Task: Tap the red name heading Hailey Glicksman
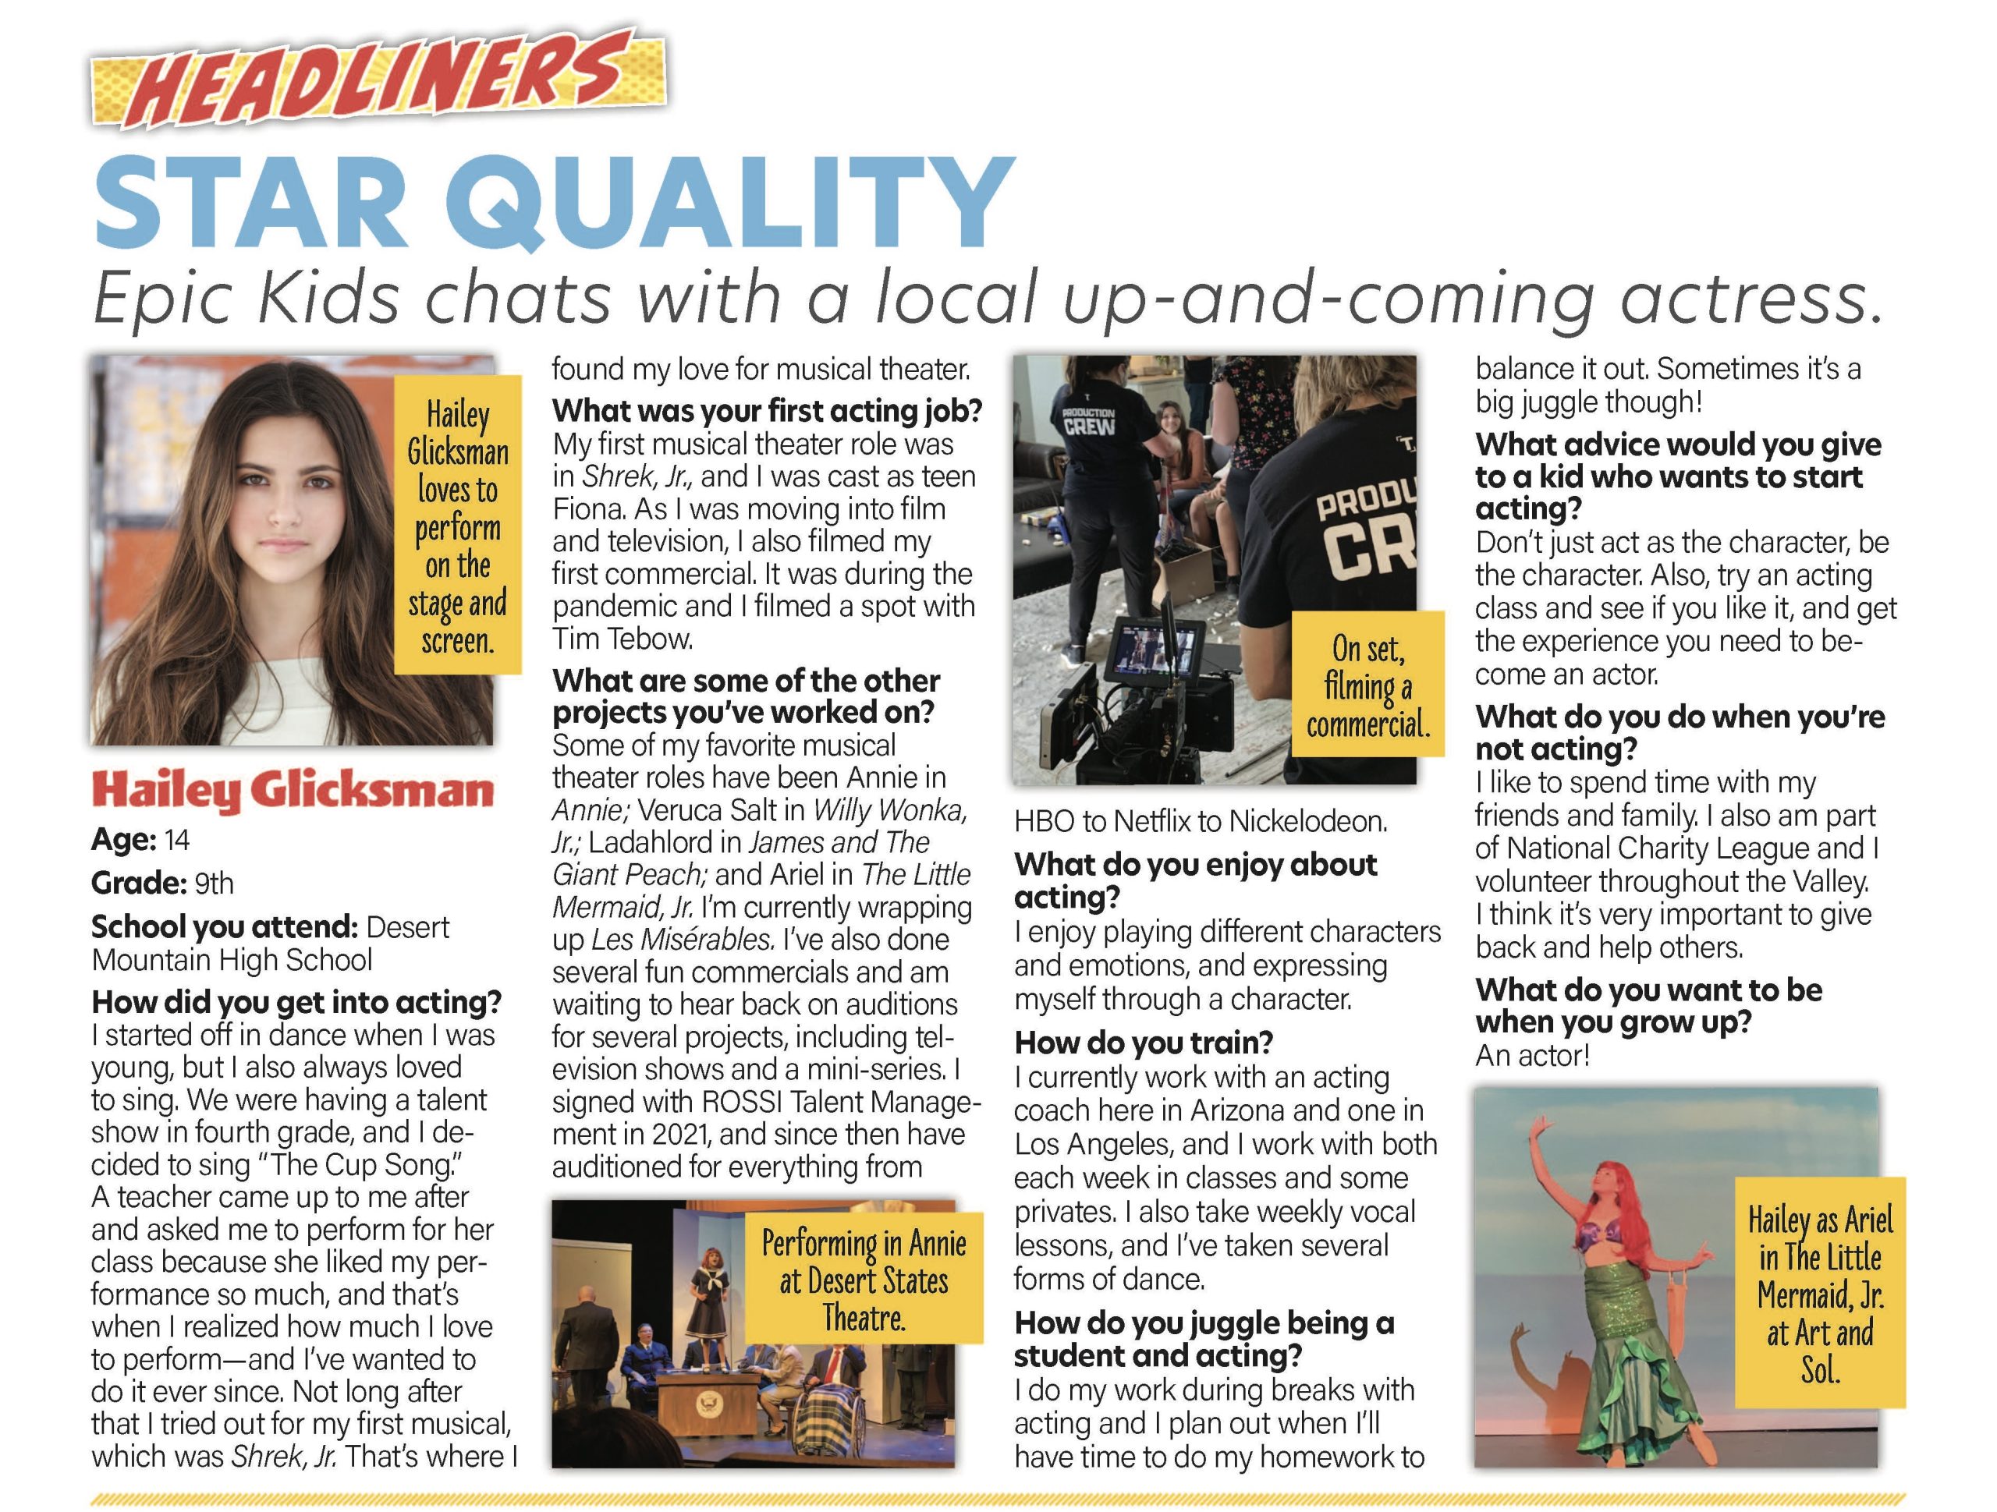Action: point(293,791)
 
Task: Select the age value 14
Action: point(177,841)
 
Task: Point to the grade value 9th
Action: point(214,883)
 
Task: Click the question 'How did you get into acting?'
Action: point(296,1002)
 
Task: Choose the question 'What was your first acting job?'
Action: point(768,411)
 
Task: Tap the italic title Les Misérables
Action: point(683,940)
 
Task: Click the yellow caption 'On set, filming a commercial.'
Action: point(1367,686)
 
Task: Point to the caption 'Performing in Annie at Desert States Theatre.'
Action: point(864,1280)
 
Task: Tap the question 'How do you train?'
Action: point(1143,1043)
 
